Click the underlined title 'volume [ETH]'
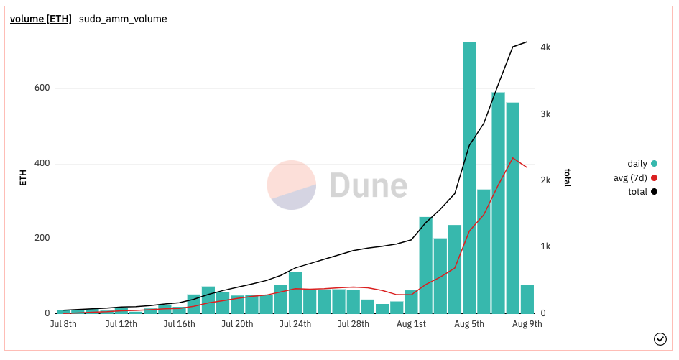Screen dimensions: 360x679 pos(40,19)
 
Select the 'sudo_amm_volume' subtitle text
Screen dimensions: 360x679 pos(123,19)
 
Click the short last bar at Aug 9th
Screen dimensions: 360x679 pos(527,299)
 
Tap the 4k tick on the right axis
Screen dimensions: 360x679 pos(545,47)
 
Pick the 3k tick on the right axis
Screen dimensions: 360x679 pos(545,114)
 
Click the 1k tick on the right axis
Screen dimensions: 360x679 pos(545,246)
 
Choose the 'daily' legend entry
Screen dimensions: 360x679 pos(638,164)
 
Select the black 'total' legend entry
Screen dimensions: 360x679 pos(638,191)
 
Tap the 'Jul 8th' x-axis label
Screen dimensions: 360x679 pos(63,324)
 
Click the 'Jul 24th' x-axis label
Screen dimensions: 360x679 pos(295,324)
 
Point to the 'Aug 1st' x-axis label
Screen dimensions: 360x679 pos(411,324)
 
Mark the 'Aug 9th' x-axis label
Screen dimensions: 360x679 pos(527,324)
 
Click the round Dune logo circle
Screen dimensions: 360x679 pos(292,185)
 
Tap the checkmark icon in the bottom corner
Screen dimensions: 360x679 pos(660,338)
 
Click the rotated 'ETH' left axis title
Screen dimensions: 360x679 pos(23,177)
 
